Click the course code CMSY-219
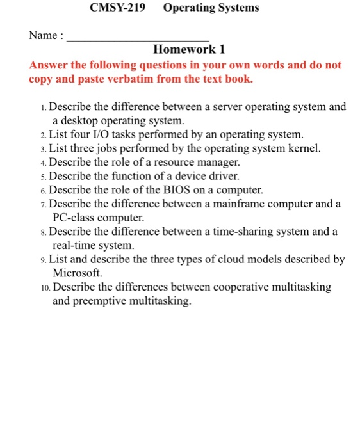118,8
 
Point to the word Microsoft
75,273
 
